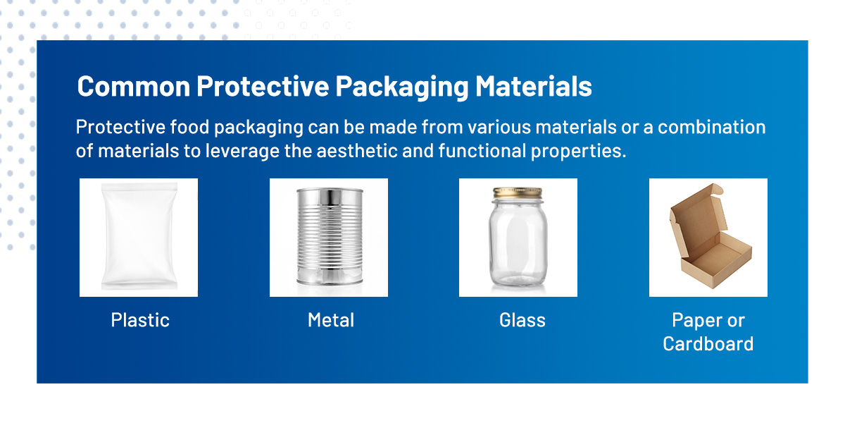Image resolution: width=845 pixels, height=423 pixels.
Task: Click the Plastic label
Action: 140,320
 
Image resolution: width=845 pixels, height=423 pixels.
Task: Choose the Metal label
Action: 331,320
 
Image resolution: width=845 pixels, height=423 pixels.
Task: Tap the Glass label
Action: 522,320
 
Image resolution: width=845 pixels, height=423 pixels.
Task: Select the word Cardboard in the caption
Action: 708,344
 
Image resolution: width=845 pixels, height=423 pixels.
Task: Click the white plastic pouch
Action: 139,237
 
